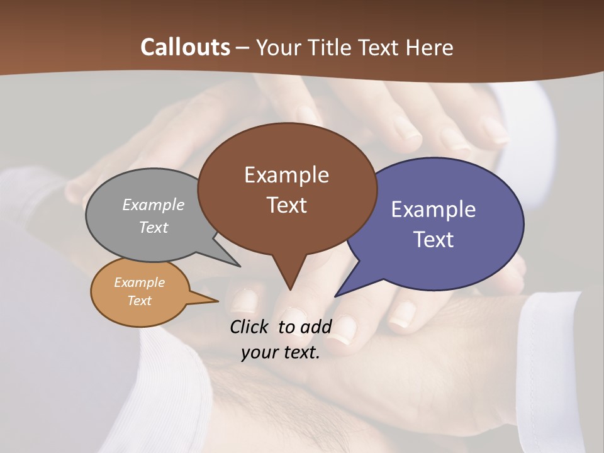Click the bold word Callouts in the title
pyautogui.click(x=185, y=47)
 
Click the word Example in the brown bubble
pyautogui.click(x=286, y=175)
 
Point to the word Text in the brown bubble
pyautogui.click(x=286, y=205)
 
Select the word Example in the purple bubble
pyautogui.click(x=433, y=210)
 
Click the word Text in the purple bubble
pyautogui.click(x=433, y=240)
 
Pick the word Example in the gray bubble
pyautogui.click(x=154, y=204)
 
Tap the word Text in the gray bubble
pyautogui.click(x=154, y=227)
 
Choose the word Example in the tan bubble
pyautogui.click(x=139, y=282)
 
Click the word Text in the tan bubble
pyautogui.click(x=139, y=301)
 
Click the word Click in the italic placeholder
pyautogui.click(x=250, y=327)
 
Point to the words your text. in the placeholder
pyautogui.click(x=281, y=352)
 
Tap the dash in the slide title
pyautogui.click(x=243, y=48)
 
